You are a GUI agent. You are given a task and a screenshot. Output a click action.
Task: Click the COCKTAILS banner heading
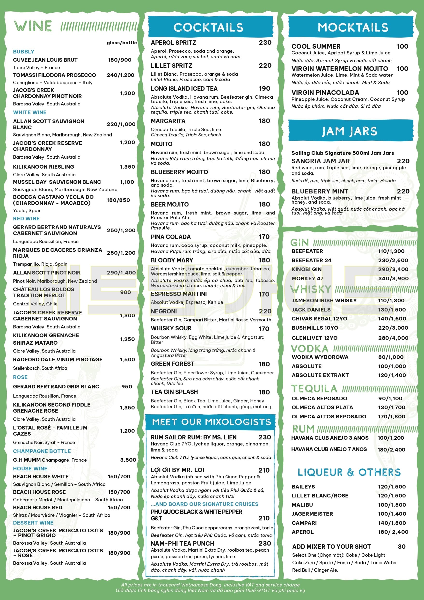[208, 27]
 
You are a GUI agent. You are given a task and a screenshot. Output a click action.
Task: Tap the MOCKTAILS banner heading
[353, 27]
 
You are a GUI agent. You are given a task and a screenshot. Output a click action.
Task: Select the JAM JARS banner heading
[349, 131]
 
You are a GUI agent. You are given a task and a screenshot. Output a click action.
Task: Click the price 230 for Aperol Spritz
[265, 43]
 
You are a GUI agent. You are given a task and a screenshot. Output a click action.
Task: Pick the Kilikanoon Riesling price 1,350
[127, 167]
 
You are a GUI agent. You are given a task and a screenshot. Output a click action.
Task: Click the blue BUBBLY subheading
[23, 52]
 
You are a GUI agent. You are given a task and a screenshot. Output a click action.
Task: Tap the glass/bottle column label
[122, 43]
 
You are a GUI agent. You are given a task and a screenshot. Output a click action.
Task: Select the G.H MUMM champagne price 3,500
[128, 460]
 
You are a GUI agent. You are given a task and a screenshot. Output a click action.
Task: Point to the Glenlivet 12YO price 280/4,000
[393, 338]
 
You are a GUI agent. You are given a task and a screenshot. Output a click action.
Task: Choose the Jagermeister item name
[312, 513]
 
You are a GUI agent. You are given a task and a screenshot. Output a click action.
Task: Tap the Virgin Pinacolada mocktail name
[325, 93]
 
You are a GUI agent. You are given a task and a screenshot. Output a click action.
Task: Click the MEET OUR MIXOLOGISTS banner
[211, 422]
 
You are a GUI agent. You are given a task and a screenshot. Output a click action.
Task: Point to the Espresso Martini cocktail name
[179, 294]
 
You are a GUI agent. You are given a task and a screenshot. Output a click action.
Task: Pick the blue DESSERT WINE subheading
[33, 523]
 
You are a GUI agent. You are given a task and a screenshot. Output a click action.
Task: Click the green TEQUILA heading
[314, 389]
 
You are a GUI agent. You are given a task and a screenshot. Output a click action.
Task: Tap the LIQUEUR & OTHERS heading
[349, 472]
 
